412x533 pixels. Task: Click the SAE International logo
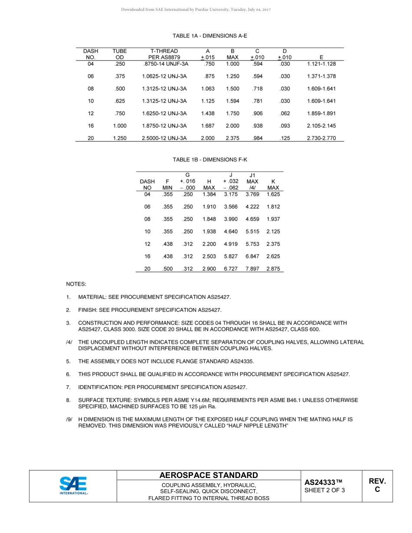[x=73, y=486]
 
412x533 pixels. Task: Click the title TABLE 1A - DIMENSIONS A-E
[x=210, y=36]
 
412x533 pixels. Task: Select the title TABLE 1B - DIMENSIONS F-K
[x=210, y=159]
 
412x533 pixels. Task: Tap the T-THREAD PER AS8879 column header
[x=164, y=54]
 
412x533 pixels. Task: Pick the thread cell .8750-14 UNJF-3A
[x=164, y=64]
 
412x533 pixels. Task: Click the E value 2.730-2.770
[x=321, y=139]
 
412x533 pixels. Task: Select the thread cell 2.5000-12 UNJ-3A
[x=164, y=139]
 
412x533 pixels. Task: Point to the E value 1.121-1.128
[x=321, y=64]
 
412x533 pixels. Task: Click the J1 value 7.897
[x=252, y=269]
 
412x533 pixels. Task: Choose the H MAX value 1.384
[x=209, y=194]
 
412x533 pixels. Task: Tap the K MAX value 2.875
[x=273, y=269]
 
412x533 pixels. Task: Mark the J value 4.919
[x=230, y=244]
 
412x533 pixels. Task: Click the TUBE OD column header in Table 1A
[x=119, y=54]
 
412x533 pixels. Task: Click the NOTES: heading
[x=76, y=284]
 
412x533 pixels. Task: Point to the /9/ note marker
[x=69, y=419]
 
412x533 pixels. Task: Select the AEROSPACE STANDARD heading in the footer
[x=209, y=475]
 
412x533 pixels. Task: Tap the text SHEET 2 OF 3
[x=325, y=491]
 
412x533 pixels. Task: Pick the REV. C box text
[x=377, y=485]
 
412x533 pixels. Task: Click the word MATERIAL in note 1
[x=92, y=297]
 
